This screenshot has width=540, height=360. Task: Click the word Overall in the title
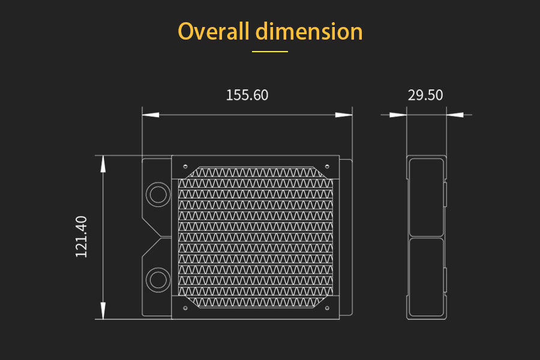pyautogui.click(x=213, y=31)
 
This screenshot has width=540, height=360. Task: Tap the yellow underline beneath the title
pyautogui.click(x=270, y=52)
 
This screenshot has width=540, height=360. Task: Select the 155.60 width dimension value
pyautogui.click(x=247, y=95)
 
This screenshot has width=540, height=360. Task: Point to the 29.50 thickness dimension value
pyautogui.click(x=425, y=95)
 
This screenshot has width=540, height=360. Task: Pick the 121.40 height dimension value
pyautogui.click(x=82, y=237)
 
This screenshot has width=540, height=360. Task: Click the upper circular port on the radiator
pyautogui.click(x=158, y=194)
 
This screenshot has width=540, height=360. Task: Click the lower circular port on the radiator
pyautogui.click(x=158, y=280)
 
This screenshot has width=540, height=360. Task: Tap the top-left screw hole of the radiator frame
pyautogui.click(x=185, y=167)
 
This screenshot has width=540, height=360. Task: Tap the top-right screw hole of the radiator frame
pyautogui.click(x=326, y=167)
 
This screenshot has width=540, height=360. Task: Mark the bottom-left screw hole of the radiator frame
pyautogui.click(x=185, y=308)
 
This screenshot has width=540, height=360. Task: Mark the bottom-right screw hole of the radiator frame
pyautogui.click(x=326, y=308)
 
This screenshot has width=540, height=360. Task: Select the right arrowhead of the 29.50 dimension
pyautogui.click(x=455, y=115)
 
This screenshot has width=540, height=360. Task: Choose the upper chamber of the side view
pyautogui.click(x=425, y=197)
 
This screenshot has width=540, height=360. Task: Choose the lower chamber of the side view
pyautogui.click(x=425, y=277)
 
